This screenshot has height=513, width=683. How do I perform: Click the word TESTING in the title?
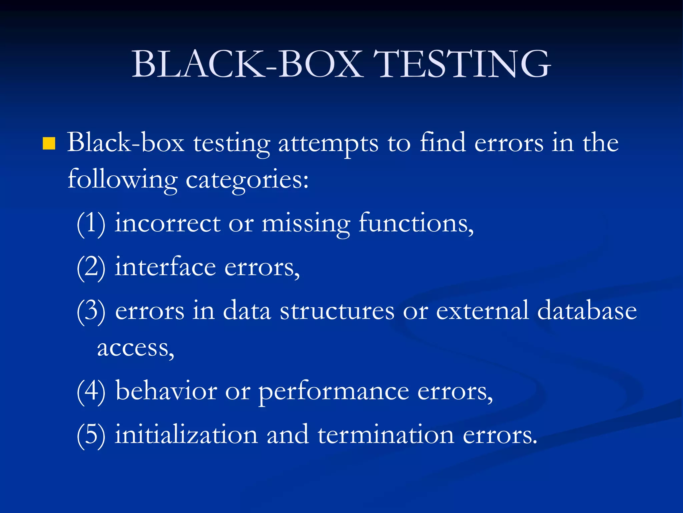(462, 64)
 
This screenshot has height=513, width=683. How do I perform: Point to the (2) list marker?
(91, 268)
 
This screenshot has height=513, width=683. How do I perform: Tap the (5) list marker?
(91, 435)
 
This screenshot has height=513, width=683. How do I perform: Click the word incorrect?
(167, 223)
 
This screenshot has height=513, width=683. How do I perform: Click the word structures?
(337, 311)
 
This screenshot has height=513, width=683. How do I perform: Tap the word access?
(135, 348)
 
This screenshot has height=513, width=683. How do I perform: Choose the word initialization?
(186, 435)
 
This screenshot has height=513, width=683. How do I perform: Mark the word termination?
(386, 435)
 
